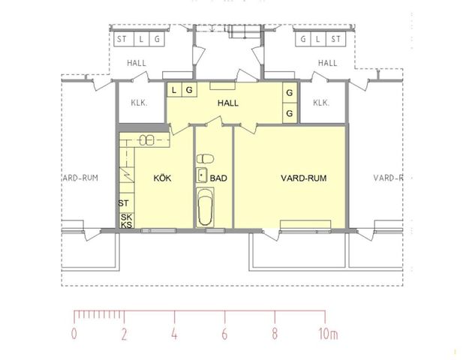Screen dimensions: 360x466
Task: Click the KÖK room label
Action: (163, 178)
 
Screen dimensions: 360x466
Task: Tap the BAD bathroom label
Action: (218, 178)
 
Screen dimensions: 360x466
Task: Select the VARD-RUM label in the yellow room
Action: (304, 178)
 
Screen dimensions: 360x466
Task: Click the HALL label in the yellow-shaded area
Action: (228, 103)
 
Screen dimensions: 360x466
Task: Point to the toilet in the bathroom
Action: (204, 159)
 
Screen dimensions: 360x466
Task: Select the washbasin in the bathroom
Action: (202, 175)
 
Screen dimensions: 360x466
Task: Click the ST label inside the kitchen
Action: (125, 203)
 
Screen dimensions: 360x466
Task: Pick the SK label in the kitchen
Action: (126, 217)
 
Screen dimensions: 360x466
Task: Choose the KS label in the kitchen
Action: (126, 225)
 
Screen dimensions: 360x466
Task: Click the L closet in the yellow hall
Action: (174, 90)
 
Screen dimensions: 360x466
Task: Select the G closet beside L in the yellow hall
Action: (189, 90)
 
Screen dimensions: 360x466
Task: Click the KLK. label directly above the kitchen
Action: (139, 103)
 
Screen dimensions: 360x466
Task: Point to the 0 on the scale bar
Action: (74, 334)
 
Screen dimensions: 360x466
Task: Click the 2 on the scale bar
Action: (124, 334)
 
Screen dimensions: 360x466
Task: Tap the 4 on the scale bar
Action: (174, 334)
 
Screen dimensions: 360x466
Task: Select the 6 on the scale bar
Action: (224, 334)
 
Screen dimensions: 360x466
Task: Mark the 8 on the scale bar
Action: (275, 334)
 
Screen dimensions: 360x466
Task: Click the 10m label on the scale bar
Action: (329, 334)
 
